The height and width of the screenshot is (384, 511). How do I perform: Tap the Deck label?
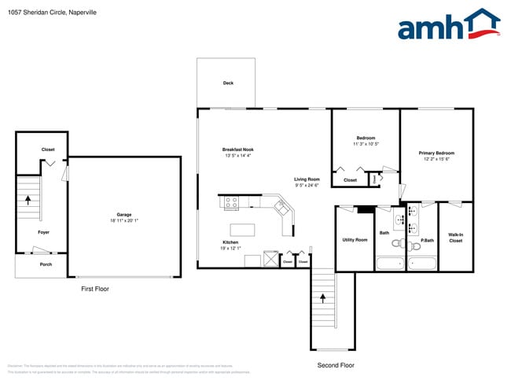228,83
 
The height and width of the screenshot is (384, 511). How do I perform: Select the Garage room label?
124,214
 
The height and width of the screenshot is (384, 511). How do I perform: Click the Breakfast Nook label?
237,150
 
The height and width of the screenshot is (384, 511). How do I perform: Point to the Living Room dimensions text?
307,186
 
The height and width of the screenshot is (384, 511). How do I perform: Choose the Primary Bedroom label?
436,153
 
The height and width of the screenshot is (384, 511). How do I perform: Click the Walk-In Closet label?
455,238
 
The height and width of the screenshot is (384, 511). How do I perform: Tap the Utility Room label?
355,239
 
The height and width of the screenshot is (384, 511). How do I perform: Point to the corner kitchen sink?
281,209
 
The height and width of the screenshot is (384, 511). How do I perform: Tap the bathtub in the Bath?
389,264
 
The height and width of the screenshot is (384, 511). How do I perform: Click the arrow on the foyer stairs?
28,199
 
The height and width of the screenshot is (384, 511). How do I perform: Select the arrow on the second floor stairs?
322,297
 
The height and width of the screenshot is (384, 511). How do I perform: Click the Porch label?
46,264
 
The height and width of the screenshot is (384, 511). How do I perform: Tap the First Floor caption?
95,289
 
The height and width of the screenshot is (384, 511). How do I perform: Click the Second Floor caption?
336,365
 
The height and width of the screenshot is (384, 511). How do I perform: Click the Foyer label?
44,232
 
